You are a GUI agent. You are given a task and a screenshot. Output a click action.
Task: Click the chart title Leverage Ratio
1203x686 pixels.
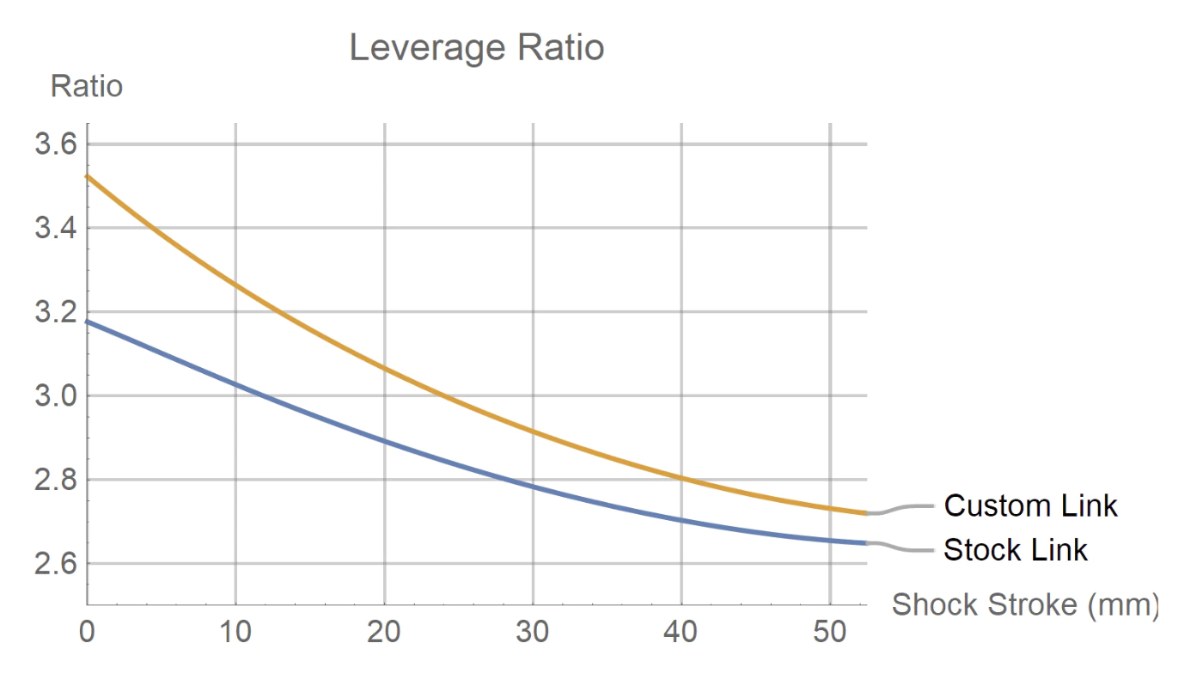477,47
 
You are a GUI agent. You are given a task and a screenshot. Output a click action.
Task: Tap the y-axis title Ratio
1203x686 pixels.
87,86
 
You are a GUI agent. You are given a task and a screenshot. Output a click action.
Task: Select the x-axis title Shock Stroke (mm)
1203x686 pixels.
1024,604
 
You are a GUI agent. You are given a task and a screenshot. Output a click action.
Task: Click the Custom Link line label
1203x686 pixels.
1030,505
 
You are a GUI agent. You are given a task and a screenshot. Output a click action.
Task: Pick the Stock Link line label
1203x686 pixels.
1015,549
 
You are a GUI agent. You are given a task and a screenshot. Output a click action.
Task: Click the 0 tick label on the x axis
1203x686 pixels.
87,633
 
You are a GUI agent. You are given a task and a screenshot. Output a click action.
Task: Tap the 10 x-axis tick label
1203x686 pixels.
235,633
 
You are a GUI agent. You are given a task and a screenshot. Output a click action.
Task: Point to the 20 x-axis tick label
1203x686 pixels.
384,633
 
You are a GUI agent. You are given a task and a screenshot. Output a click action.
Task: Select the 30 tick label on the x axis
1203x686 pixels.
533,633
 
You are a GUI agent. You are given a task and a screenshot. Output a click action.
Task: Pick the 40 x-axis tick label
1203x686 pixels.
681,633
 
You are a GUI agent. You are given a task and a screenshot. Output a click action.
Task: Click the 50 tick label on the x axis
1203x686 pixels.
830,633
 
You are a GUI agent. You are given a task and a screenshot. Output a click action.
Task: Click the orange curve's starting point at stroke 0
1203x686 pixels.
88,176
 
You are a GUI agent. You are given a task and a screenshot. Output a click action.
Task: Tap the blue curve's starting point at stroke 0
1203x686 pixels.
88,322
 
